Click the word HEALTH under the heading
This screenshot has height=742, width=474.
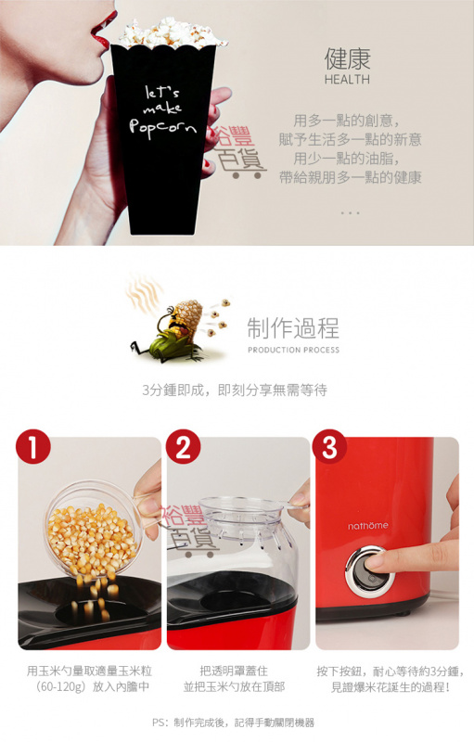(x=347, y=80)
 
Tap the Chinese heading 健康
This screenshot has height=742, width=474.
(x=347, y=58)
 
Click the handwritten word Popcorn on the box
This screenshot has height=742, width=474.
(x=162, y=127)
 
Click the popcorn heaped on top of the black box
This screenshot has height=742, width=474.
(x=171, y=33)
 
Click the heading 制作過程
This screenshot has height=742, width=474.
(x=293, y=328)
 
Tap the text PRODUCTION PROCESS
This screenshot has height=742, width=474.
(x=293, y=350)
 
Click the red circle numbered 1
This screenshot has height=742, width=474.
(x=33, y=447)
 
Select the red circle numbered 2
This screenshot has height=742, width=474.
(x=183, y=447)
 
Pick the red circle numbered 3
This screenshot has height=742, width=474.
(x=329, y=447)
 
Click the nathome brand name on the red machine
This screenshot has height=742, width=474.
(x=368, y=526)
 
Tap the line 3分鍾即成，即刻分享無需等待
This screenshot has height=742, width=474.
(x=235, y=390)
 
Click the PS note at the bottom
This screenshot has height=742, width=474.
(x=233, y=723)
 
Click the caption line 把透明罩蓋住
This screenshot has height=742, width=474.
(x=234, y=671)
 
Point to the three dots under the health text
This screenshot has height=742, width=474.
(x=350, y=213)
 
